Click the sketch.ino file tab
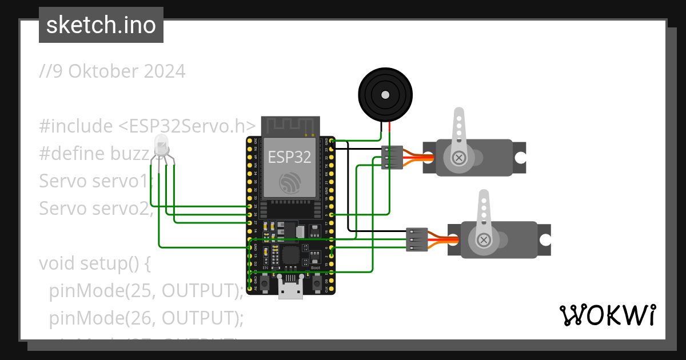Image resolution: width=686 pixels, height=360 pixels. click(x=101, y=25)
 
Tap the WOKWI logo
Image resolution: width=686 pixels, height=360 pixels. click(x=607, y=315)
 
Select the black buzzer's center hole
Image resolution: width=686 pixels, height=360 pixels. click(x=385, y=94)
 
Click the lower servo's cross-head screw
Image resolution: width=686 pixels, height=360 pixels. click(x=484, y=239)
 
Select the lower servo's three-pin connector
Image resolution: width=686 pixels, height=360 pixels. click(x=417, y=239)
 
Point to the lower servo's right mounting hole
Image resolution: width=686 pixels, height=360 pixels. click(x=544, y=239)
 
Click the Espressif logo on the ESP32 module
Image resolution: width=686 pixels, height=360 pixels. click(x=290, y=182)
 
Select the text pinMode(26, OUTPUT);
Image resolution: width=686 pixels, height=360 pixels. click(x=146, y=317)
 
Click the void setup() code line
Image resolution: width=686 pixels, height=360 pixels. click(x=94, y=263)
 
